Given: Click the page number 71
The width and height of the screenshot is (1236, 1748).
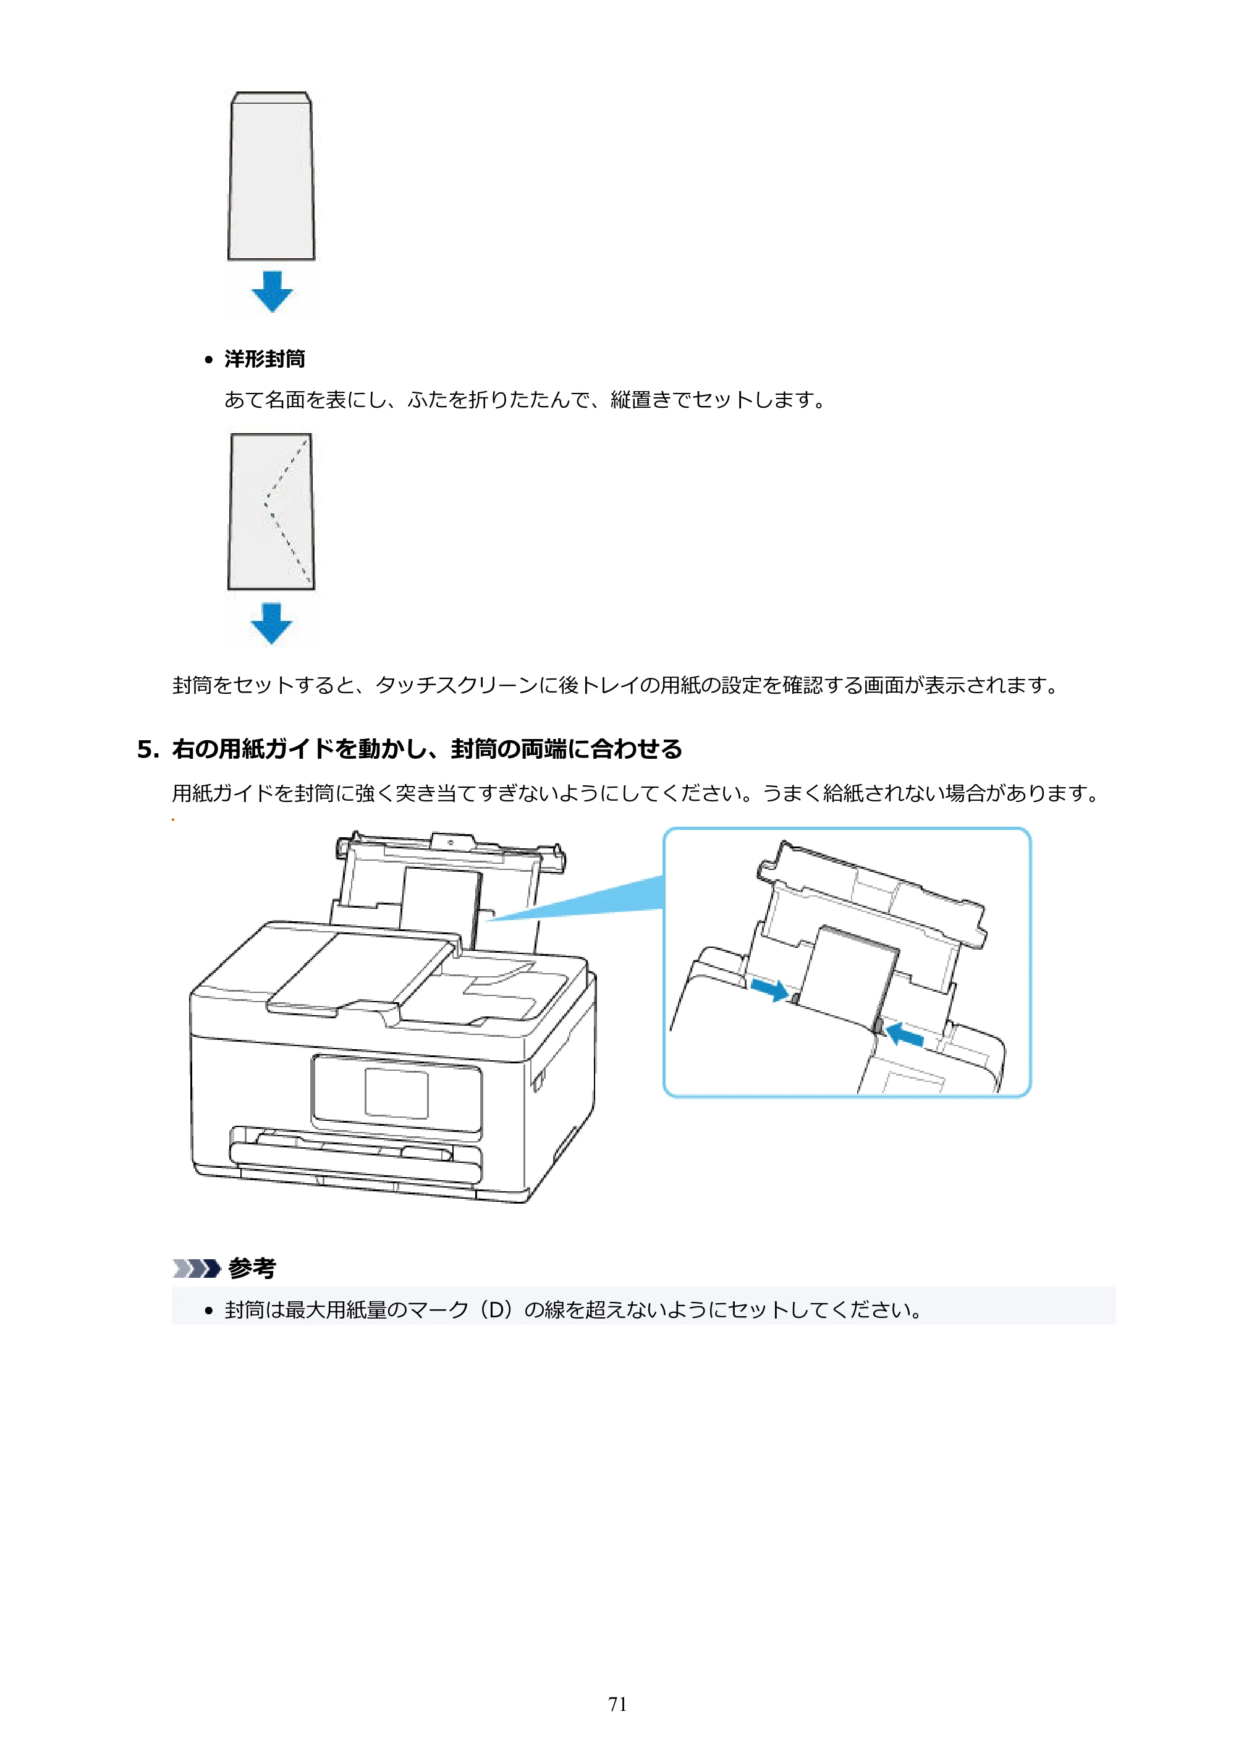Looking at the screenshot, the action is (x=617, y=1704).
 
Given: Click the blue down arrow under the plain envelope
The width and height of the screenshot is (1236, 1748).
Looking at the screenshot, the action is (x=272, y=291).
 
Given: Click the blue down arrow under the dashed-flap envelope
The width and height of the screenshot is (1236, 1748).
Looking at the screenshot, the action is (x=272, y=623).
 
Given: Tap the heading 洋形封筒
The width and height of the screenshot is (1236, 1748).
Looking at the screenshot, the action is (x=265, y=358).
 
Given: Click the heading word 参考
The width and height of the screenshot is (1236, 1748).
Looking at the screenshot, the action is (x=252, y=1268).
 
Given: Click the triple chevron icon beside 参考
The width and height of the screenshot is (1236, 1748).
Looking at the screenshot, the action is (x=197, y=1269).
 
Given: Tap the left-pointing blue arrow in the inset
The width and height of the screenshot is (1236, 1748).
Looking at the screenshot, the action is (x=905, y=1034).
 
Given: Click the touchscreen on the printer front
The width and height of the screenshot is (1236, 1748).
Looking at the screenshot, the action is (x=396, y=1093).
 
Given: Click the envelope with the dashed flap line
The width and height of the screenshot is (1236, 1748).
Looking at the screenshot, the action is (x=271, y=511).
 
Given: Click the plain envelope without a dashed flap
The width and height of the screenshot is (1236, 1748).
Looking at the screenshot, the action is (x=271, y=176).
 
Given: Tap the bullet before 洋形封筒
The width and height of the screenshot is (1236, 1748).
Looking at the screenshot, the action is (x=209, y=360).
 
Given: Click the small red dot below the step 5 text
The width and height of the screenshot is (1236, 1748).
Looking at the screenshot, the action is (x=173, y=819).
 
